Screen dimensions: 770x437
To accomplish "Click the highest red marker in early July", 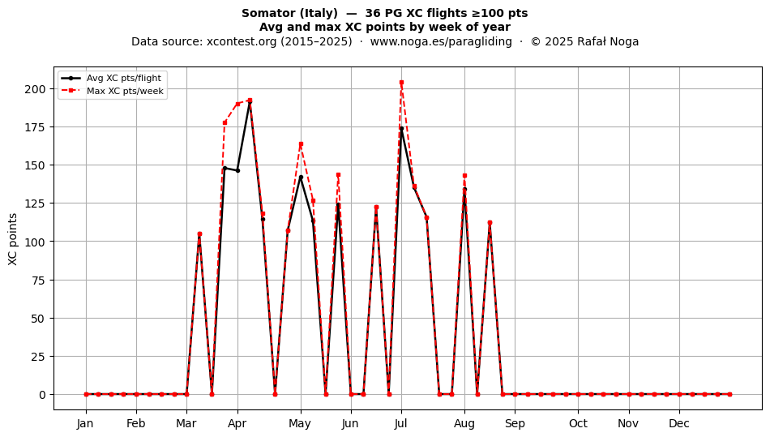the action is tap(401, 83).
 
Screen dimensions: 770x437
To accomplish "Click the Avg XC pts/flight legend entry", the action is tap(112, 78).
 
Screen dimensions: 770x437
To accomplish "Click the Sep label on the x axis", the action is tap(515, 423).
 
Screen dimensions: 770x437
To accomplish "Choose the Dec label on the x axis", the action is tap(679, 423).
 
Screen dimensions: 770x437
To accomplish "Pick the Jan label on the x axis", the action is tap(85, 423).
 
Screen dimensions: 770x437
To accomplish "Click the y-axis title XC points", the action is tap(13, 239).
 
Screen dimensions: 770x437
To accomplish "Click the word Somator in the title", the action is tap(268, 13).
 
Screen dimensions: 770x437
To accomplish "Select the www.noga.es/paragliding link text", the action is tap(441, 41).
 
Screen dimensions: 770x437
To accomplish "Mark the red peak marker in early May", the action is tap(301, 144).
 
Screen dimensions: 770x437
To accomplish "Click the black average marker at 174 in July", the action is tap(401, 129).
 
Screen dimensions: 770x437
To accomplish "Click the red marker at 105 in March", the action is tap(199, 233).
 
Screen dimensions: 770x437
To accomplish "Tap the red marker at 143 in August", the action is tap(464, 176).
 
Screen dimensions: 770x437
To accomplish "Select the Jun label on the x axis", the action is tap(350, 423).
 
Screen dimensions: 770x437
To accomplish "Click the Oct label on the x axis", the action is tap(578, 423).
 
